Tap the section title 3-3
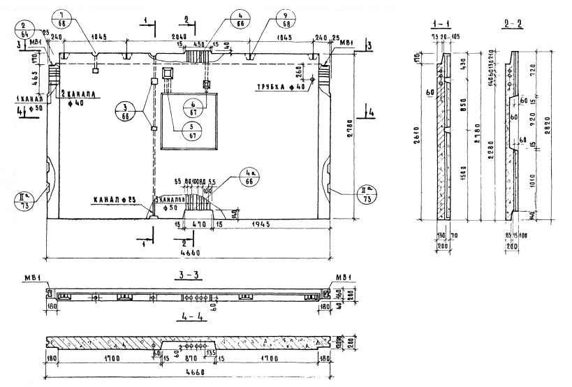tap(189, 275)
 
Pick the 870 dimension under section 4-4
tap(189, 360)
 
